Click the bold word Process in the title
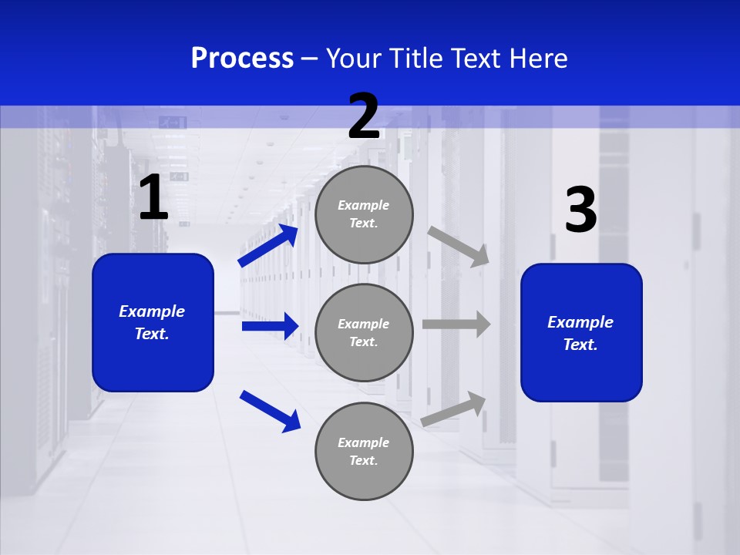pyautogui.click(x=242, y=58)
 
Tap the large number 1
pyautogui.click(x=153, y=198)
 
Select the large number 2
pyautogui.click(x=364, y=116)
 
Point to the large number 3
pyautogui.click(x=580, y=210)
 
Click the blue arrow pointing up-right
pyautogui.click(x=268, y=246)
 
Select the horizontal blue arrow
pyautogui.click(x=270, y=326)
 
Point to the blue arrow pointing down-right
pyautogui.click(x=270, y=411)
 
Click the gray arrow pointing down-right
pyautogui.click(x=459, y=246)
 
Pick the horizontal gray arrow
pyautogui.click(x=456, y=324)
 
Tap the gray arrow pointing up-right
pyautogui.click(x=454, y=409)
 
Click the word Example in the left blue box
pyautogui.click(x=152, y=311)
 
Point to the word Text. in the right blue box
pyautogui.click(x=580, y=345)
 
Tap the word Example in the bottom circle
pyautogui.click(x=363, y=442)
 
